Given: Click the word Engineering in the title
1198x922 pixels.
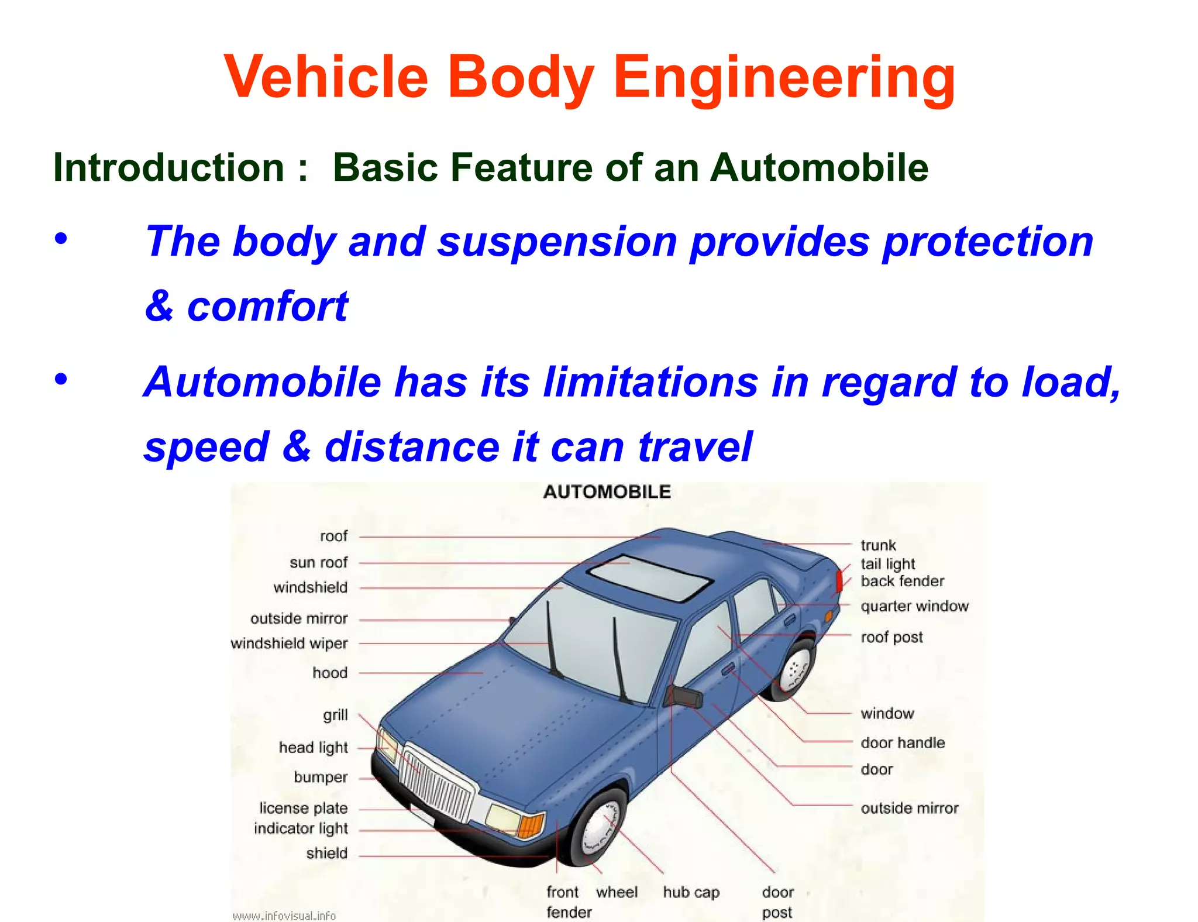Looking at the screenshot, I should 784,78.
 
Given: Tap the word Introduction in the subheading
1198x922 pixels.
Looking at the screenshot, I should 169,168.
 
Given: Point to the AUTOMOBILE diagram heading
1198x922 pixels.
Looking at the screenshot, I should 607,492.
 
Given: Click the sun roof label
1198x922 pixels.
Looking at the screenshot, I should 318,563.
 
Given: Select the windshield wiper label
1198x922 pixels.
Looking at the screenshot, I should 289,644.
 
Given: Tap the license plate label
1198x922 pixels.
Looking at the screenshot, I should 303,808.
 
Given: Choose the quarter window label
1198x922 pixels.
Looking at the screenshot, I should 914,606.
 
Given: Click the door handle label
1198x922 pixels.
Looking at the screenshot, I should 903,743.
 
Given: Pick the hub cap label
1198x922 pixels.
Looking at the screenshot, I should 691,893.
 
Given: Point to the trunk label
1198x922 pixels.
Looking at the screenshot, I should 878,545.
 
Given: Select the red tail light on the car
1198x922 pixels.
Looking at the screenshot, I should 839,580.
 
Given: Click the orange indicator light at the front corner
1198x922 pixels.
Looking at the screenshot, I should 531,825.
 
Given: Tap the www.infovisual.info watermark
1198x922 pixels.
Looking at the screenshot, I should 284,916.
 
